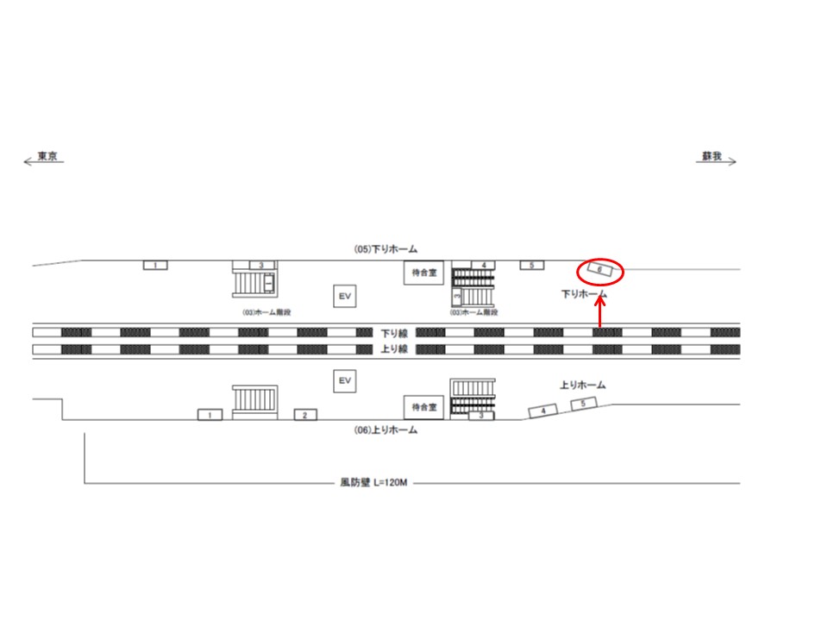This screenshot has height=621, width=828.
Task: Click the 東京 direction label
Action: tap(47, 158)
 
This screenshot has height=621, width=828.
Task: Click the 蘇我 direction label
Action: tap(711, 157)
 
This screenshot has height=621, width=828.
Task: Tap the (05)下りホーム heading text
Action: tap(386, 248)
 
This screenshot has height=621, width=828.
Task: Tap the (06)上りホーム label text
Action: tap(386, 430)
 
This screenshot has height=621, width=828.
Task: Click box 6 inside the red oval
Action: tap(599, 270)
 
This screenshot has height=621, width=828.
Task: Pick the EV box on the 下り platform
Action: tap(345, 297)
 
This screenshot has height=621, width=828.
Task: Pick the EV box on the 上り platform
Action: tap(345, 380)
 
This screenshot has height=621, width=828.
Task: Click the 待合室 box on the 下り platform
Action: tap(423, 273)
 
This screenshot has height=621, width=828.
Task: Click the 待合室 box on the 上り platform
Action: tap(423, 406)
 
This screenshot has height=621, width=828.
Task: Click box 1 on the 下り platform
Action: tap(154, 265)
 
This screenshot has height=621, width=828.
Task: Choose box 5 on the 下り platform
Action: tap(532, 265)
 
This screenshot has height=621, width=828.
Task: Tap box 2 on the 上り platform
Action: tap(304, 415)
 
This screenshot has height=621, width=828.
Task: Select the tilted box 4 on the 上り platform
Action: tap(543, 411)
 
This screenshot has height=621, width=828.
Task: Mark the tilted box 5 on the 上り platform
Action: tap(584, 404)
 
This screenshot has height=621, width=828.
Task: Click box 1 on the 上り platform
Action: tap(210, 415)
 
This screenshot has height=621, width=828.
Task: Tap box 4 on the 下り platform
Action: tap(484, 265)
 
